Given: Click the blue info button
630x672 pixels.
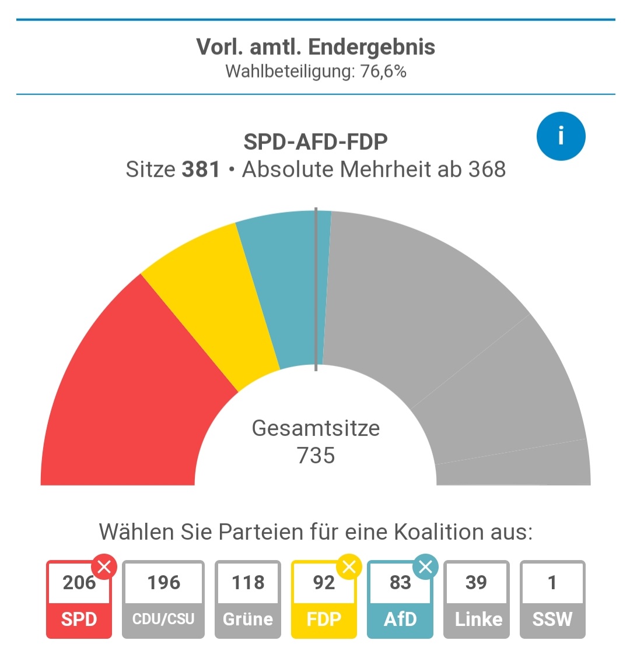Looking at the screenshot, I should click(x=561, y=136).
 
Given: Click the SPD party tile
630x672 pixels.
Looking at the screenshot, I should click(x=79, y=600).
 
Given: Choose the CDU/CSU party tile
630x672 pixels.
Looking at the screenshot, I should click(x=163, y=600).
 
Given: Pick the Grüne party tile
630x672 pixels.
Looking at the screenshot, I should click(x=248, y=600).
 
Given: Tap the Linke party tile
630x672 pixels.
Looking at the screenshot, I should click(x=477, y=600).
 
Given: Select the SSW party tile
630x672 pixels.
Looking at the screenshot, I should click(x=552, y=600).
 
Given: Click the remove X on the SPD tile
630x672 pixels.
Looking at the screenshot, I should click(x=104, y=567).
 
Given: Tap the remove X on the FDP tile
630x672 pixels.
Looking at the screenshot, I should click(x=349, y=567).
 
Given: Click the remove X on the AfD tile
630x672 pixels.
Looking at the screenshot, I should click(x=425, y=567).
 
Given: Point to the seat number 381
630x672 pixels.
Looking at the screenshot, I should click(x=201, y=170).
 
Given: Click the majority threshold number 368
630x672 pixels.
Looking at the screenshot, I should click(x=486, y=170).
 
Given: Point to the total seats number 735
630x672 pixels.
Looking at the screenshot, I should click(x=316, y=455).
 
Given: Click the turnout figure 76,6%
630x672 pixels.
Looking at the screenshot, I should click(x=383, y=72).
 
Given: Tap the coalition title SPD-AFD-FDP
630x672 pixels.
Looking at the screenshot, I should click(x=316, y=142).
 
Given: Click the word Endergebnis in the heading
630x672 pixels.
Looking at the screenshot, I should click(x=372, y=47).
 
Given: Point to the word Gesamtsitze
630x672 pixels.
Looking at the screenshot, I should click(x=316, y=428).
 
